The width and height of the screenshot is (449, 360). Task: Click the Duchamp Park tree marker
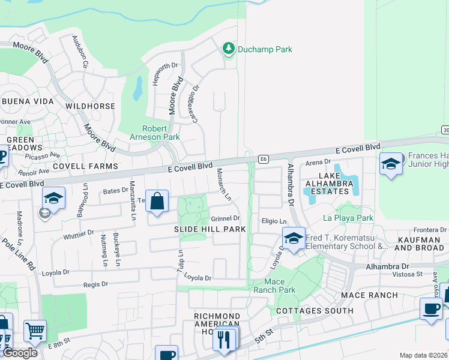pos(228,48)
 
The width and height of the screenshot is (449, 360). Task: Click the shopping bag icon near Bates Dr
pos(157,202)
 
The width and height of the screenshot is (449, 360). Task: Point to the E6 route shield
pos(264,159)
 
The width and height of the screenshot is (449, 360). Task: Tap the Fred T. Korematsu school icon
pos(294,239)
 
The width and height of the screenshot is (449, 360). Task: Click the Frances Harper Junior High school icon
pos(391,163)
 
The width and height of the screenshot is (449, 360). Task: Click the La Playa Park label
pos(348,217)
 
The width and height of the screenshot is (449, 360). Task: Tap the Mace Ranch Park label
pos(280,286)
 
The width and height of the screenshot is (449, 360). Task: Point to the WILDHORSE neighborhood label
pos(90,106)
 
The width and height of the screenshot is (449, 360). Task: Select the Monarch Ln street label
pos(224,185)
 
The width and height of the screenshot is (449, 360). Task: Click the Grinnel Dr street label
pos(225,218)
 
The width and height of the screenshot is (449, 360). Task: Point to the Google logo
pos(19,353)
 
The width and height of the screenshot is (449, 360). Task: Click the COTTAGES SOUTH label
pos(315,311)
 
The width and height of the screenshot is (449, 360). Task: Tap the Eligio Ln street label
pos(274,221)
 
